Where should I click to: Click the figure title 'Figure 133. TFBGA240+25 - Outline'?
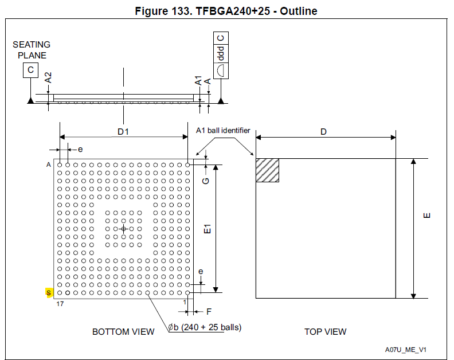click(226, 11)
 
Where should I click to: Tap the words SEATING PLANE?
click(32, 50)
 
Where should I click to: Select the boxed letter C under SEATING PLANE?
click(30, 71)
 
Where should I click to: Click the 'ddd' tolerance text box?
click(221, 54)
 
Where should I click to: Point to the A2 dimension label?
click(49, 78)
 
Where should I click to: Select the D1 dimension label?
click(123, 132)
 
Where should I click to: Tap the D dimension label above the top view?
click(324, 132)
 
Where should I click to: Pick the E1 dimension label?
click(209, 228)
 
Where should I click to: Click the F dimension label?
click(209, 312)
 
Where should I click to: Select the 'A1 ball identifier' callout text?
click(223, 130)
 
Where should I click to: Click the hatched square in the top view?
click(267, 170)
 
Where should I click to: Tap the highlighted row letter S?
click(49, 293)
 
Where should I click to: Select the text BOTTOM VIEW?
click(123, 331)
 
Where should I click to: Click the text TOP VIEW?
click(325, 331)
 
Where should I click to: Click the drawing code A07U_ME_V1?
click(406, 349)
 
